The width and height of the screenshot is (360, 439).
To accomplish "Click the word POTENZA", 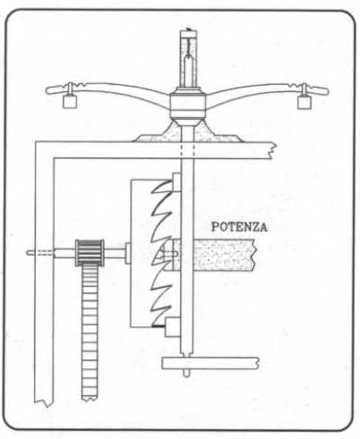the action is pyautogui.click(x=239, y=227).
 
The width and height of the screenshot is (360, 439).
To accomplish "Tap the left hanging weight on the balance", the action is pyautogui.click(x=70, y=101).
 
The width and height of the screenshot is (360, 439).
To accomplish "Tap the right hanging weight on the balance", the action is pyautogui.click(x=305, y=102).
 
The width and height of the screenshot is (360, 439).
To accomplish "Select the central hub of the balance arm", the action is pyautogui.click(x=188, y=106).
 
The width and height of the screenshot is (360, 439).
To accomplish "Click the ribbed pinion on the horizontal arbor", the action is pyautogui.click(x=89, y=253).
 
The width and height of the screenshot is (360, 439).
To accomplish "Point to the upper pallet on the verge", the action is pyautogui.click(x=176, y=182).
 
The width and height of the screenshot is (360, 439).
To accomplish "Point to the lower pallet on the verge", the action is pyautogui.click(x=172, y=327).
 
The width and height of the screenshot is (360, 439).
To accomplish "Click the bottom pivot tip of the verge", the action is pyautogui.click(x=186, y=374).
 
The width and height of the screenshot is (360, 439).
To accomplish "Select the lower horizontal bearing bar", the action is pyautogui.click(x=210, y=363).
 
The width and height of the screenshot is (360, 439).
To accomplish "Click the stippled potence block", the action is pyautogui.click(x=213, y=255).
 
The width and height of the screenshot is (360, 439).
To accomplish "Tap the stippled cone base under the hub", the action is pyautogui.click(x=188, y=132).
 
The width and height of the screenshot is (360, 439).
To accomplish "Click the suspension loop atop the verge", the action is pyautogui.click(x=188, y=61).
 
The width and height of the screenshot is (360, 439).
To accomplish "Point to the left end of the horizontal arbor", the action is pyautogui.click(x=28, y=253).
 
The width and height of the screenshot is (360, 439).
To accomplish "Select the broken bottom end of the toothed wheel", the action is pyautogui.click(x=89, y=398).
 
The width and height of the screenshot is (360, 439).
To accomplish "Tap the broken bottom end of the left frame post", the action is pyautogui.click(x=44, y=403).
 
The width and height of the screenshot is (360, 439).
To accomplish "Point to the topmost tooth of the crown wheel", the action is pyautogui.click(x=163, y=186).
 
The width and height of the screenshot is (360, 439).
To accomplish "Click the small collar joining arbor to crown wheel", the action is pyautogui.click(x=128, y=253).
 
